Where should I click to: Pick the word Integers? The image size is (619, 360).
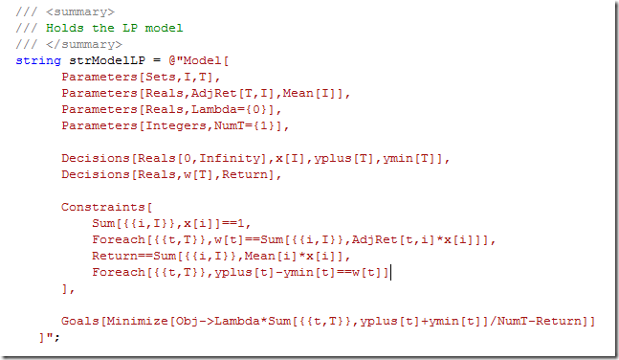click(x=173, y=125)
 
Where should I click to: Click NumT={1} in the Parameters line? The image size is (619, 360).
click(x=252, y=125)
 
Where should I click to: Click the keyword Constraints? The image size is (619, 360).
click(x=100, y=207)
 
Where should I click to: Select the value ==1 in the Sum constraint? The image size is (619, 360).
click(x=228, y=223)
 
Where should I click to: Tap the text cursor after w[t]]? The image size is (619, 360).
click(x=391, y=272)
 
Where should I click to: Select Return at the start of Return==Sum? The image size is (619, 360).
click(x=115, y=256)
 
